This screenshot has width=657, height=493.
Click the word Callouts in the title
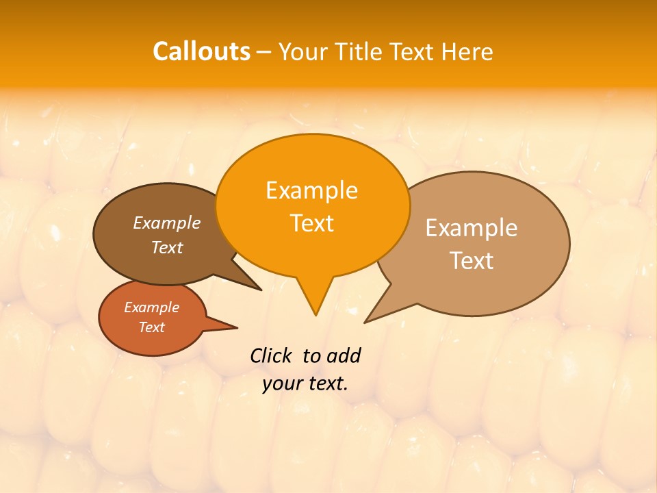[x=201, y=51]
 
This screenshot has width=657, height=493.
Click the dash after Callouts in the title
[x=264, y=52]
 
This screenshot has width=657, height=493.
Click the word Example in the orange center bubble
[x=311, y=190]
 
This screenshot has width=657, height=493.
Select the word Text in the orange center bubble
[x=311, y=223]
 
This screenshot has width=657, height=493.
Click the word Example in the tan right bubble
[x=472, y=228]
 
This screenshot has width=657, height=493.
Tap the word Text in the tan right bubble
[x=472, y=261]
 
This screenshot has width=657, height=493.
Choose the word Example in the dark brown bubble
[x=166, y=223]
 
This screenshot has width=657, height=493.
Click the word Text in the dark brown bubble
[x=166, y=248]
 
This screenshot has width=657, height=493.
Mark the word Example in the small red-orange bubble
[x=151, y=307]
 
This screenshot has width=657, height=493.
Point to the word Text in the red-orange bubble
[x=151, y=327]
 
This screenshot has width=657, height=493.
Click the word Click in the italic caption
[x=271, y=355]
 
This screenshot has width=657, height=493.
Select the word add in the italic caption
[x=343, y=355]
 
